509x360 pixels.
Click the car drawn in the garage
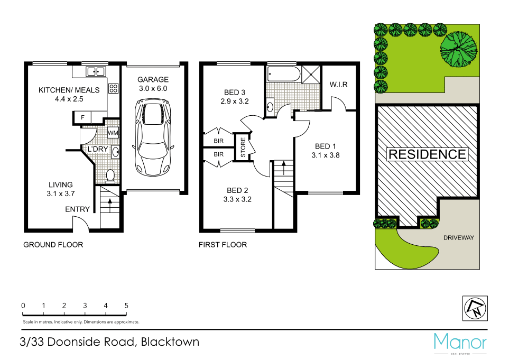click(x=154, y=140)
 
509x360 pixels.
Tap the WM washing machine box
click(x=113, y=132)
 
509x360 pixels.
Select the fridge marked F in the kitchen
click(x=83, y=117)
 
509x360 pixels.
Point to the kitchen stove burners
click(x=113, y=88)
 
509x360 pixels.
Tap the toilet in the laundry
click(x=110, y=174)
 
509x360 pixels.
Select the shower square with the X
click(x=311, y=74)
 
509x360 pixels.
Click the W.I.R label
click(x=338, y=85)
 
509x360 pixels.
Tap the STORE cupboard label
click(x=243, y=148)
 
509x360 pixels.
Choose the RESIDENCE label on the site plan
click(x=427, y=154)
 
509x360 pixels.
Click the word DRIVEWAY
click(x=458, y=237)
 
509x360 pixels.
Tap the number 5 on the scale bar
click(x=126, y=306)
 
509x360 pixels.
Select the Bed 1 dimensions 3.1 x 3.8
click(x=326, y=155)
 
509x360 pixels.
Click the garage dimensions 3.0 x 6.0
click(x=153, y=89)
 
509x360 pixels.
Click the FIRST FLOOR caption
click(x=223, y=245)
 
